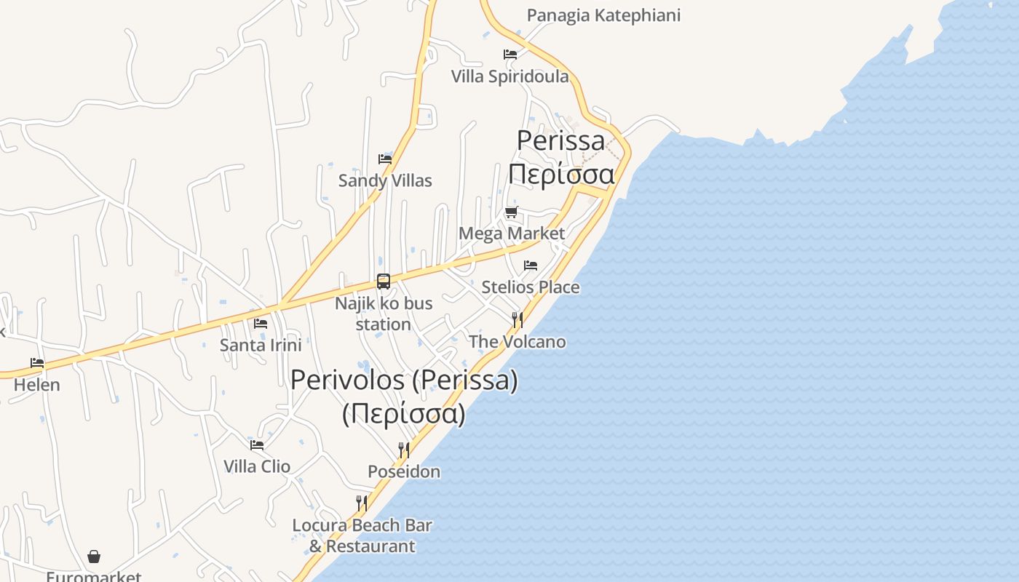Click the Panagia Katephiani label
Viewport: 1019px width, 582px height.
pyautogui.click(x=603, y=15)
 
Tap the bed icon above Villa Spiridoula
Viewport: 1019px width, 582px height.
pyautogui.click(x=510, y=55)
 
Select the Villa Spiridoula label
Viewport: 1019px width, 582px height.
pyautogui.click(x=509, y=76)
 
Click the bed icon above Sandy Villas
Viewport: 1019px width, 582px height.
pyautogui.click(x=385, y=159)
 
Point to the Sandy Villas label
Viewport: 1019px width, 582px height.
pyautogui.click(x=385, y=180)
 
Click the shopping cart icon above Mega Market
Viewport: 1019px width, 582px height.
pyautogui.click(x=512, y=212)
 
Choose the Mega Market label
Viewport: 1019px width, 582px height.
pyautogui.click(x=512, y=234)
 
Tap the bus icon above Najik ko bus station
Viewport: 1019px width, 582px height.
pyautogui.click(x=384, y=282)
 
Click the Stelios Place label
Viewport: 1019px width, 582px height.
pyautogui.click(x=531, y=287)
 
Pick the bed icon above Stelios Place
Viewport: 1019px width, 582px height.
pyautogui.click(x=531, y=266)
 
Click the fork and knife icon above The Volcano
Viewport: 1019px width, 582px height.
pyautogui.click(x=517, y=319)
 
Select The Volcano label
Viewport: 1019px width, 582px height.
pyautogui.click(x=517, y=341)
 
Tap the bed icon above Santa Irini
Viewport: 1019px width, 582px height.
pyautogui.click(x=261, y=324)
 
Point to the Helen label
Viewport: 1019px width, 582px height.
pyautogui.click(x=37, y=385)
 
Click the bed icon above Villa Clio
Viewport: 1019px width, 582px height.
pyautogui.click(x=257, y=445)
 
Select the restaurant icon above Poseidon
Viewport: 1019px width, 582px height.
pyautogui.click(x=403, y=450)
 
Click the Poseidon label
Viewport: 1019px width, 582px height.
pyautogui.click(x=404, y=471)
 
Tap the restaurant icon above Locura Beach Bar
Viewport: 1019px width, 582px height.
pyautogui.click(x=362, y=503)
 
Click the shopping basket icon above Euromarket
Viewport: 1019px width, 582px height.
pyautogui.click(x=94, y=557)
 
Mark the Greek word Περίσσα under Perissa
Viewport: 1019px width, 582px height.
pyautogui.click(x=561, y=175)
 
